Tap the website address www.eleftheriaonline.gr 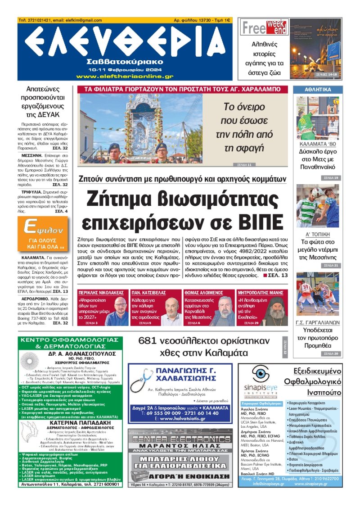pyautogui.click(x=125, y=77)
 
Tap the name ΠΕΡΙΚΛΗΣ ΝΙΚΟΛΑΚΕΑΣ pyautogui.click(x=102, y=292)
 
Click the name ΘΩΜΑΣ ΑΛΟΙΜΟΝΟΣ pyautogui.click(x=203, y=292)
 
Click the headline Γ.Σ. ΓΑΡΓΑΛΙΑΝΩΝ pyautogui.click(x=318, y=322)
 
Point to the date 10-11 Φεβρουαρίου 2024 pyautogui.click(x=124, y=70)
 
